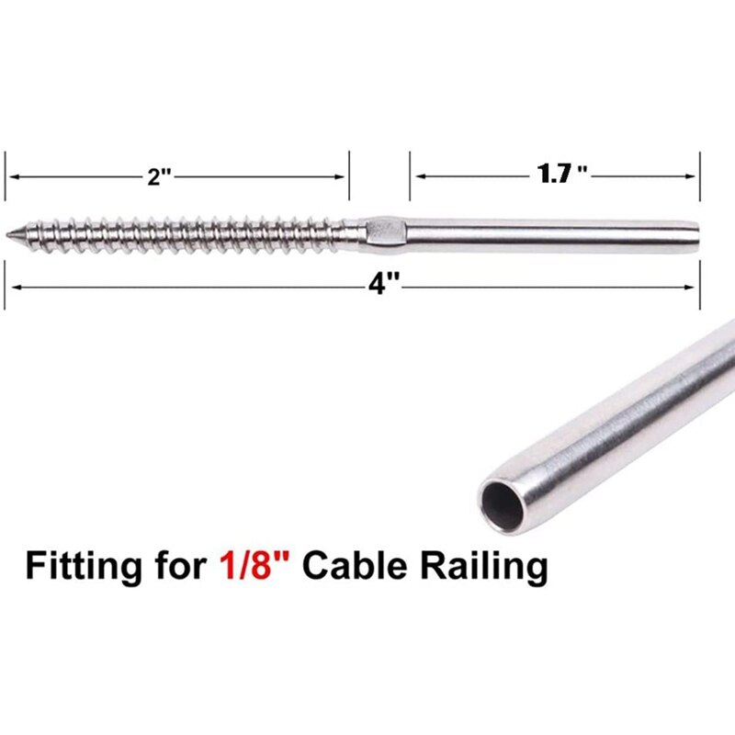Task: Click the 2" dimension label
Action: [x=161, y=177]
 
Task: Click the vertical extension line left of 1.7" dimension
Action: [x=410, y=175]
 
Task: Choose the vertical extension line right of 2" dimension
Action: [x=349, y=175]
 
